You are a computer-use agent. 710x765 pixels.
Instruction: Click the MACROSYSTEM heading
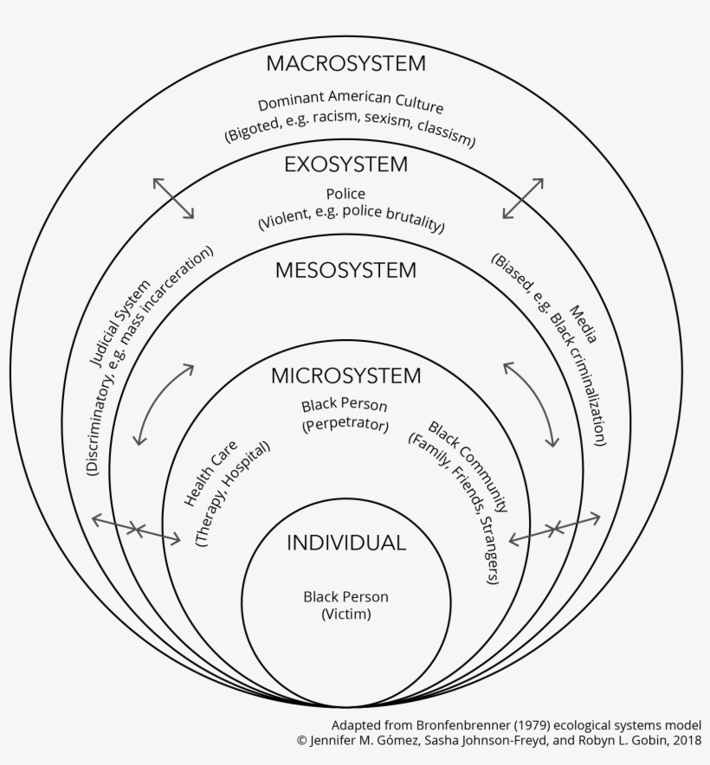345,63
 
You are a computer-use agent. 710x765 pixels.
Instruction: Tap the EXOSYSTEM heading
345,164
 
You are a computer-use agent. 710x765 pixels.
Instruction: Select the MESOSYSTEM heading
345,270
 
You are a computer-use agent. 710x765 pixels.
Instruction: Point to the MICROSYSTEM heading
345,376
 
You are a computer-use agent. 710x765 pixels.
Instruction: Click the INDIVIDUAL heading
346,543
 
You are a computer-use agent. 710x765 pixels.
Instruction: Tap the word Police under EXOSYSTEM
345,194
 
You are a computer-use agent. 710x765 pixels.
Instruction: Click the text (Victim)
346,614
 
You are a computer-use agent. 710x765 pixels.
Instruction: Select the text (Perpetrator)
345,424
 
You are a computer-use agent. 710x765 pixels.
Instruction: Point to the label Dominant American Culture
350,101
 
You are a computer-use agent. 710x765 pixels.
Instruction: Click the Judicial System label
120,324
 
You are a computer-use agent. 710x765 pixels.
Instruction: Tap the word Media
584,325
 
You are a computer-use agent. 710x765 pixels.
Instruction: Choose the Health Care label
210,472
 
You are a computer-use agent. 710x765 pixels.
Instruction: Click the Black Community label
468,466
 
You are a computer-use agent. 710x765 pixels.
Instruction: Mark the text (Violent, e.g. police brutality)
351,218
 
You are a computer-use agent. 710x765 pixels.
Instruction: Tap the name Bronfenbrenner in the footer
452,725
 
